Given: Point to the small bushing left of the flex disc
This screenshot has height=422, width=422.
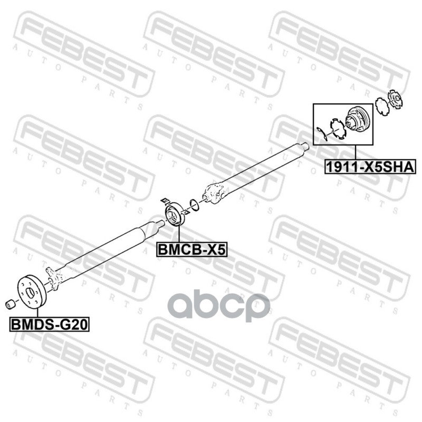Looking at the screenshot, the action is click(9, 304).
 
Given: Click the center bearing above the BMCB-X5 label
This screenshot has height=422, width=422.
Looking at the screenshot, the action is click(174, 215).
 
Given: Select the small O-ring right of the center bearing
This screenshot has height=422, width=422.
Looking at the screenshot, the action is click(194, 204).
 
